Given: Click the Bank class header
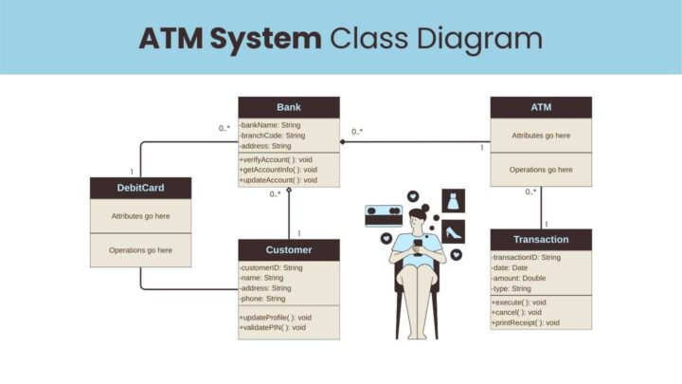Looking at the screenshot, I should [x=288, y=107].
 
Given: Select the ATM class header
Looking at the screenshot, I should [x=541, y=107].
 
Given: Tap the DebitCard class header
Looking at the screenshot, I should [x=140, y=188].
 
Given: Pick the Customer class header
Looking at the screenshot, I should [x=288, y=249].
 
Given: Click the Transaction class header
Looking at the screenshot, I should [x=541, y=239].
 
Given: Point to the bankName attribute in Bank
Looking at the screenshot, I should [x=271, y=125].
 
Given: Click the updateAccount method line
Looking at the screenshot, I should [x=278, y=180].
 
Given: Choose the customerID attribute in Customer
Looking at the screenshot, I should [x=272, y=267].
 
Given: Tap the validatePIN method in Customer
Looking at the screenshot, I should [x=274, y=327].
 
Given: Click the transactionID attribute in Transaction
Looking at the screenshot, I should [x=527, y=257].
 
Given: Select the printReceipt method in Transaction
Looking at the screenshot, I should [x=526, y=322].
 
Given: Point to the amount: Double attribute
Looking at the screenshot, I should [x=519, y=278].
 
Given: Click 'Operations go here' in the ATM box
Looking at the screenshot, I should [x=541, y=169].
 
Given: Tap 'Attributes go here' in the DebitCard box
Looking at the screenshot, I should [x=140, y=216].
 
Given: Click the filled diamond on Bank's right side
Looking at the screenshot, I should [x=343, y=142].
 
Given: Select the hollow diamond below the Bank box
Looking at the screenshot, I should [x=289, y=190].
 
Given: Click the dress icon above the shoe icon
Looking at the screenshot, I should [x=453, y=201].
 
